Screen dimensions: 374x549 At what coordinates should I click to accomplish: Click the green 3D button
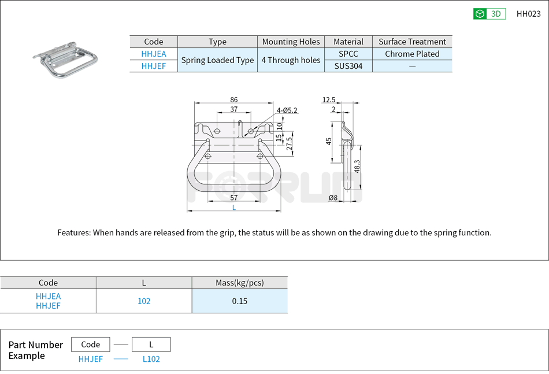[489, 14]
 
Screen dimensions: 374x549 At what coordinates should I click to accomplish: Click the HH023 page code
[528, 14]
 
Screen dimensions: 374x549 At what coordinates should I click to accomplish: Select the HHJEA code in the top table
[154, 54]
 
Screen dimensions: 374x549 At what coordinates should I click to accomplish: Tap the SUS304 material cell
[348, 66]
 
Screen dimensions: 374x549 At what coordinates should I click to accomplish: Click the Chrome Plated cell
[412, 54]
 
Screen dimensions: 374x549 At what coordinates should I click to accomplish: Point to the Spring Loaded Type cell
[217, 60]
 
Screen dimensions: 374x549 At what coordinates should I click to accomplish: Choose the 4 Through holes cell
[291, 60]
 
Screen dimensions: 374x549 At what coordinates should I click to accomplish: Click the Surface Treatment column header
[412, 42]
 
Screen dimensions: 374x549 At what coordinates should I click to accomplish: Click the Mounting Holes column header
[291, 42]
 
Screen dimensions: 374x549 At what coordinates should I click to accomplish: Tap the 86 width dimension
[233, 99]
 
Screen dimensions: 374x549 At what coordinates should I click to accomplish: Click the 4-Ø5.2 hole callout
[287, 110]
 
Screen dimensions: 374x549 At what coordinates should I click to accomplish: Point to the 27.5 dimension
[290, 143]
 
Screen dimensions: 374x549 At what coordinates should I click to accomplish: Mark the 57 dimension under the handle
[233, 198]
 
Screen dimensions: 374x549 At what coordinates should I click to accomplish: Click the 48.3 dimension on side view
[357, 166]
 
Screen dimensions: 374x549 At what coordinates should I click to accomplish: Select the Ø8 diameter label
[333, 198]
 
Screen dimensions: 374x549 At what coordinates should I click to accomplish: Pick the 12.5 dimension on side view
[329, 99]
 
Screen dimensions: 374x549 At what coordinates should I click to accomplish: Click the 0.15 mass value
[239, 301]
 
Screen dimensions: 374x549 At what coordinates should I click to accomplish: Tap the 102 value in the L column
[144, 301]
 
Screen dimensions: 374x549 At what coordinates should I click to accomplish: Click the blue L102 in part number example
[151, 359]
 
